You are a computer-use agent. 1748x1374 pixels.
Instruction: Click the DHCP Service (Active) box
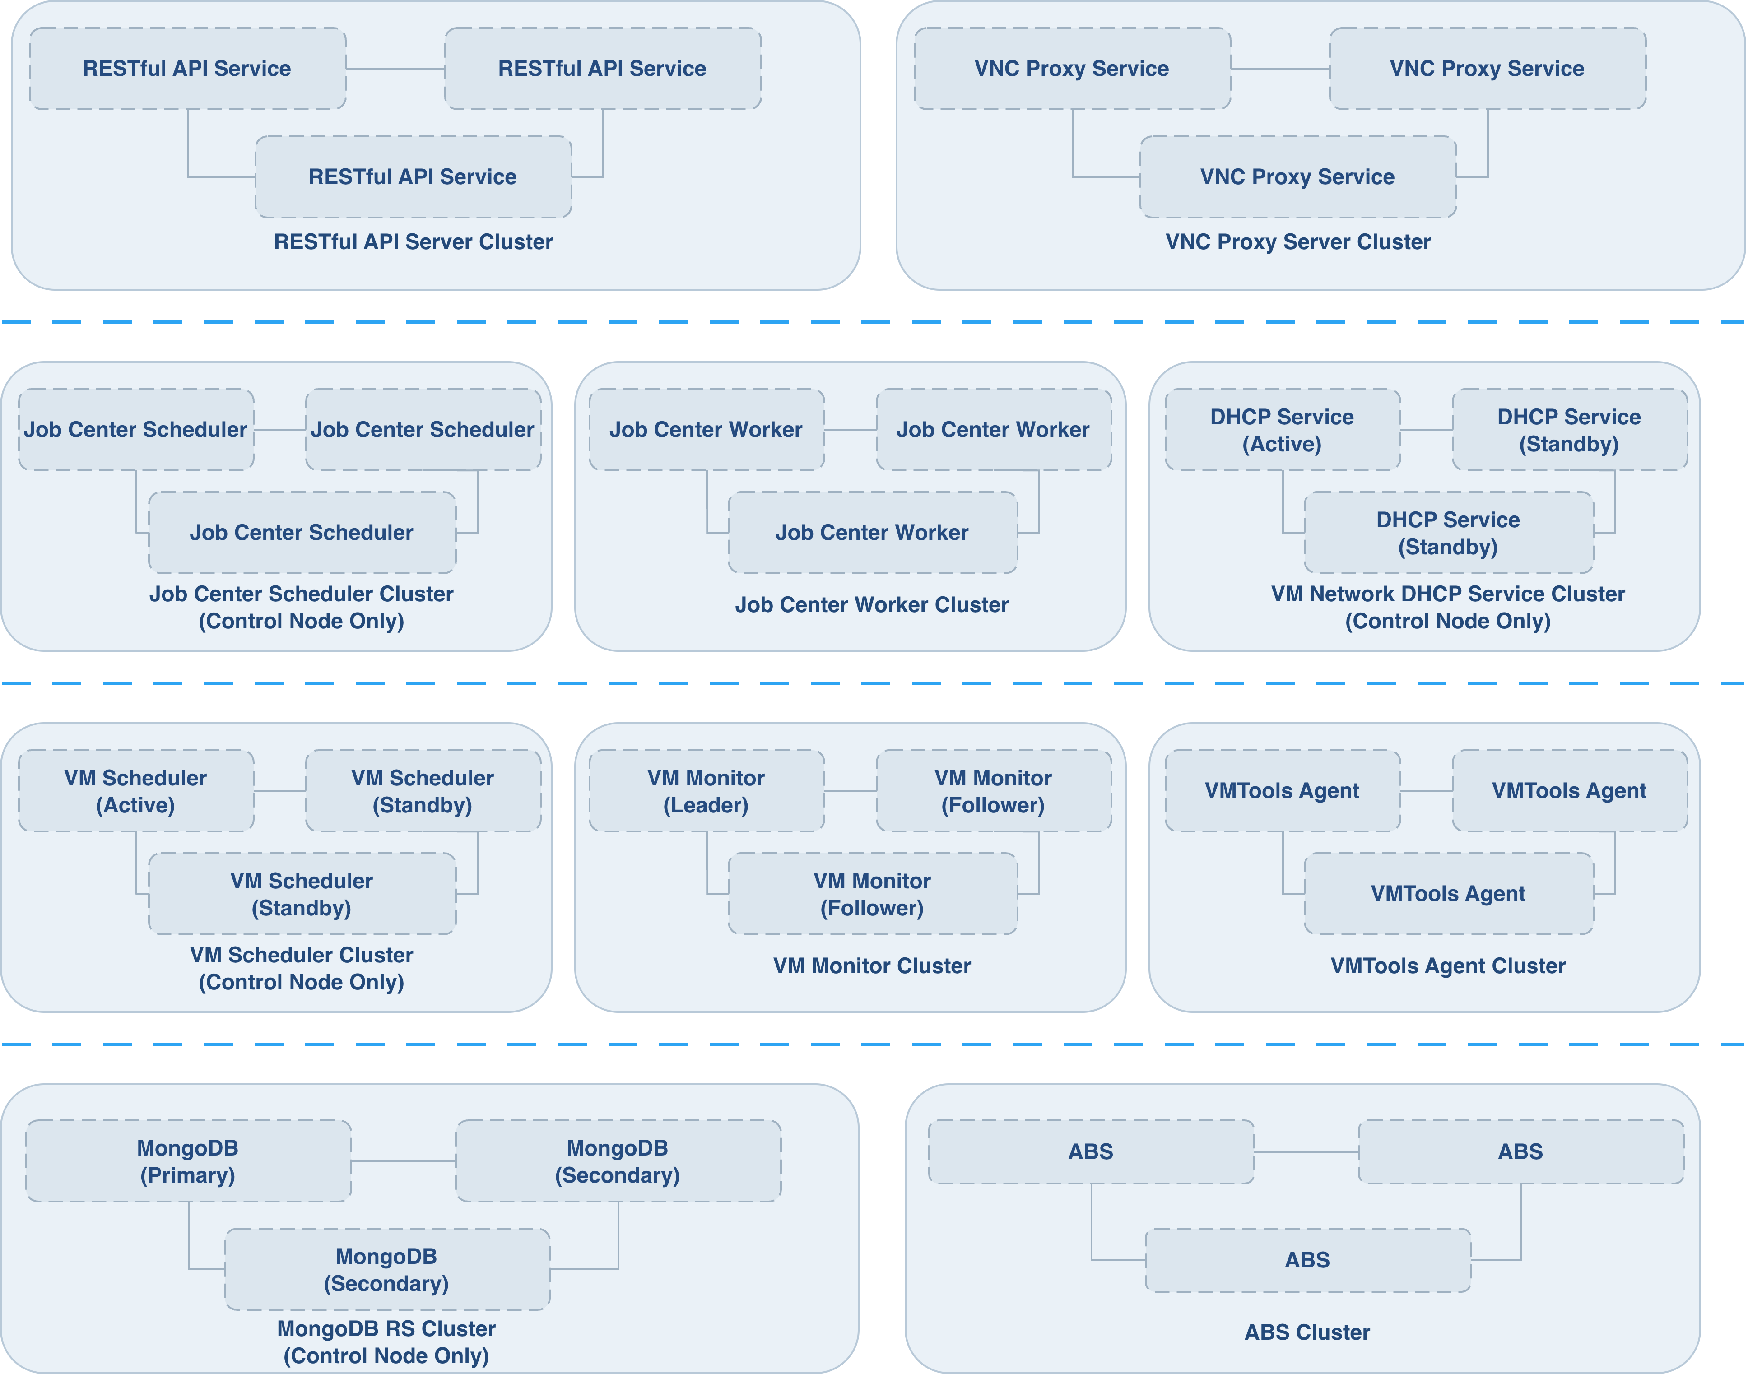pyautogui.click(x=1282, y=430)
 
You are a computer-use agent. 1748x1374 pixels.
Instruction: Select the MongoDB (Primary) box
pyautogui.click(x=188, y=1161)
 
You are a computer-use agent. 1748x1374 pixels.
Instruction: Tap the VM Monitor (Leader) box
pyautogui.click(x=706, y=791)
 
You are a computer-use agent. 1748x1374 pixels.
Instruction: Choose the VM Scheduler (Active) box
pyautogui.click(x=136, y=791)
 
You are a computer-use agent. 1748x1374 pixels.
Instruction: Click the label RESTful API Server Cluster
pyautogui.click(x=414, y=242)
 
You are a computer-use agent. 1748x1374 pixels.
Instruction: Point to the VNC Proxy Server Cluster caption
pyautogui.click(x=1298, y=242)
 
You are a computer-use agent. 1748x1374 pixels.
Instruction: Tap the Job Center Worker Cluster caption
pyautogui.click(x=872, y=605)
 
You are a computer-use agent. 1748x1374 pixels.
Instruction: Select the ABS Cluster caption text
pyautogui.click(x=1307, y=1332)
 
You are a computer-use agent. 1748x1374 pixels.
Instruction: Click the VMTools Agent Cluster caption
pyautogui.click(x=1448, y=966)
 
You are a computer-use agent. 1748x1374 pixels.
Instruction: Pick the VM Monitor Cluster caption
pyautogui.click(x=872, y=966)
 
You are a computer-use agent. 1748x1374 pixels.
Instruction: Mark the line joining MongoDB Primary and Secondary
pyautogui.click(x=404, y=1161)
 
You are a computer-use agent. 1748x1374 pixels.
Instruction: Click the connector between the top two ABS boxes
pyautogui.click(x=1306, y=1152)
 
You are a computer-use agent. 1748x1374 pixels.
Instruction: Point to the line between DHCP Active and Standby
pyautogui.click(x=1426, y=430)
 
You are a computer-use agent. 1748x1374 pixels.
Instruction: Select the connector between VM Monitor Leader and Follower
pyautogui.click(x=850, y=791)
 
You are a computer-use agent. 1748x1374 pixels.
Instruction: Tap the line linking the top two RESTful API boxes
pyautogui.click(x=396, y=68)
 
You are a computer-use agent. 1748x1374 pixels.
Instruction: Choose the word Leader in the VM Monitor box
pyautogui.click(x=706, y=805)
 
